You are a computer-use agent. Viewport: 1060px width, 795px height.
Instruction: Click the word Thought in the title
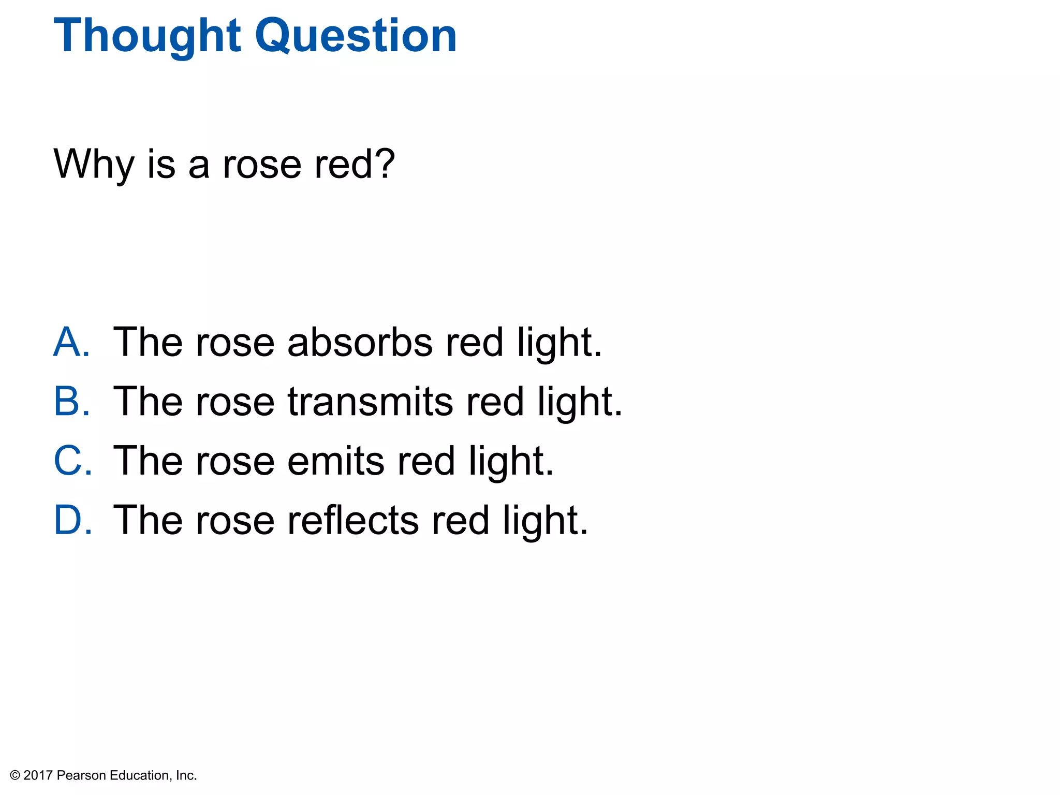(148, 36)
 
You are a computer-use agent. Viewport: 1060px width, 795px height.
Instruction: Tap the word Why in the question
(94, 165)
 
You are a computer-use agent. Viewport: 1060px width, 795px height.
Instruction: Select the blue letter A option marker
(71, 342)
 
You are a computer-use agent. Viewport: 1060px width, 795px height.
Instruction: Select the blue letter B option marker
(71, 402)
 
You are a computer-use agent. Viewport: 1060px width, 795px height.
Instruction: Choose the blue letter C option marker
(72, 461)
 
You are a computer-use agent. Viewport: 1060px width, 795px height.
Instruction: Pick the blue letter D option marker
(72, 520)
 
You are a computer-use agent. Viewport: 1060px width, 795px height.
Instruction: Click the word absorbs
(360, 342)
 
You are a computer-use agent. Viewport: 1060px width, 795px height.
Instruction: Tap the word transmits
(370, 402)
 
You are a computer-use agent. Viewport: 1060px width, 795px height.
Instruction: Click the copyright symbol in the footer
(15, 775)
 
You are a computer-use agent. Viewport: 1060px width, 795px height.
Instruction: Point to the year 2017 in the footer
(38, 775)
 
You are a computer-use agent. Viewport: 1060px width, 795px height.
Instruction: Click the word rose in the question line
(262, 165)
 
